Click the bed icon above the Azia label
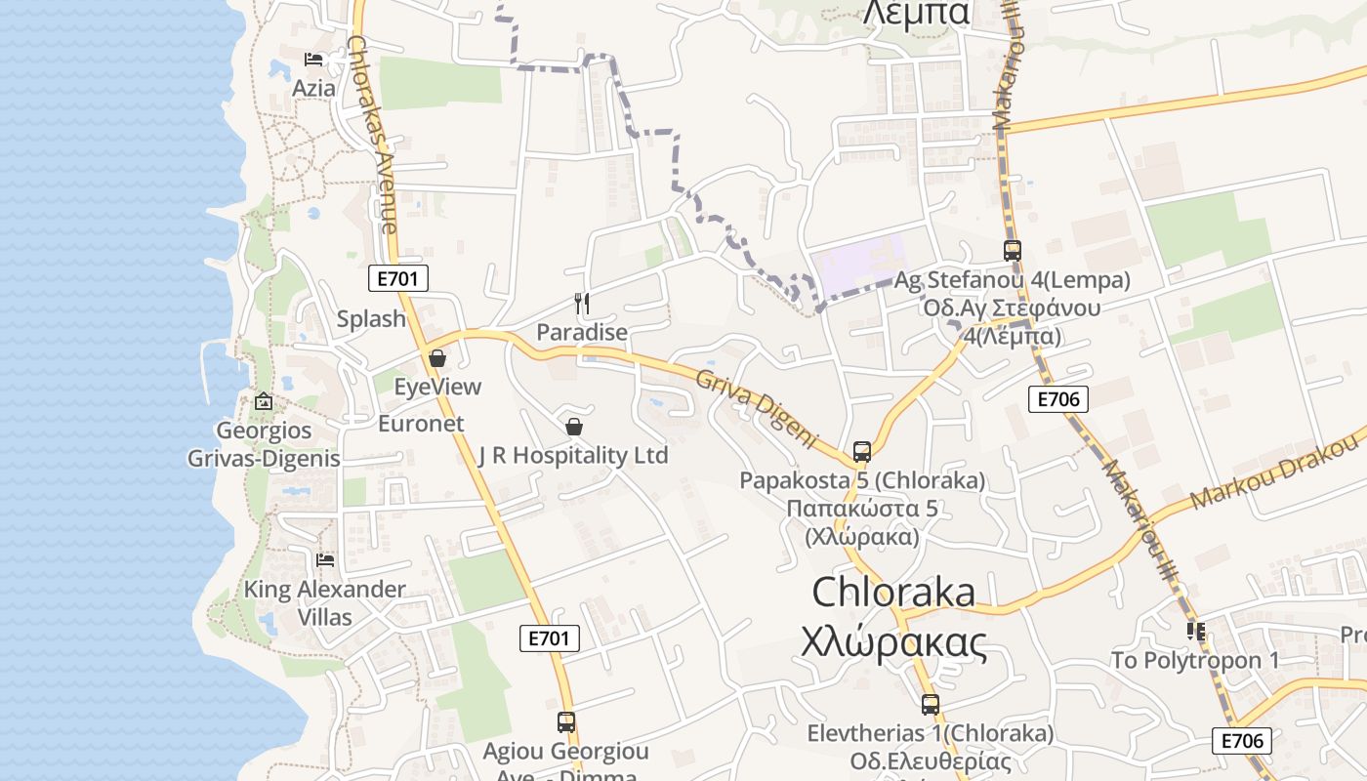pos(313,60)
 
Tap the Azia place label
pos(313,88)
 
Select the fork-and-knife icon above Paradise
pos(582,303)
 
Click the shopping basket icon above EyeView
pos(437,358)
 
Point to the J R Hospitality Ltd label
pos(573,455)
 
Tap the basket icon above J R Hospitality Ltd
pos(574,427)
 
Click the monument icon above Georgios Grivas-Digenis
pos(264,401)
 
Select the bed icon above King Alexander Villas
pos(325,560)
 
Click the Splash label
pos(371,318)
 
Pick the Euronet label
pos(421,424)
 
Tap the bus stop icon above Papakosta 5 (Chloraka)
pos(862,452)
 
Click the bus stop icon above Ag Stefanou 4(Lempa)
pos(1013,251)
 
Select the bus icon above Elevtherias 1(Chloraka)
pos(931,704)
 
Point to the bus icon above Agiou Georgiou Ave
pos(566,722)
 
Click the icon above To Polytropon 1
pos(1195,632)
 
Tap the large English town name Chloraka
pos(893,592)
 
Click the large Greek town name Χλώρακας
pos(893,643)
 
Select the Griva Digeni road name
pos(758,409)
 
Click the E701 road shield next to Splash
pos(398,279)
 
